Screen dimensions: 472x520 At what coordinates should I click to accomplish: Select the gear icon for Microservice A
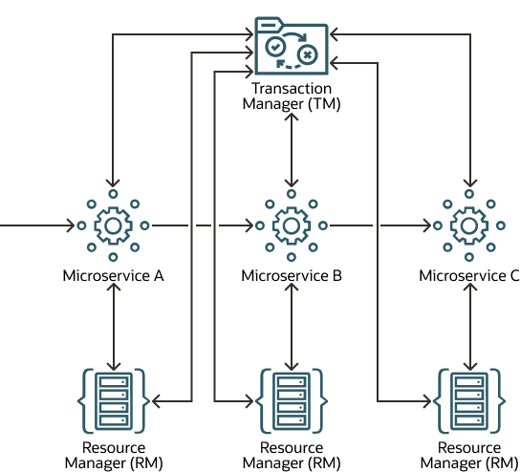click(113, 226)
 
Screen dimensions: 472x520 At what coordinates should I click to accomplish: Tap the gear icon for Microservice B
click(291, 226)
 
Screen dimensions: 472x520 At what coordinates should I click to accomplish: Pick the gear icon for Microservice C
click(468, 226)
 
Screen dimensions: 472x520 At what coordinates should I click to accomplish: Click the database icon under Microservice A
click(113, 400)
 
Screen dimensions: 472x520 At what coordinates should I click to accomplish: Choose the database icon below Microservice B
click(291, 400)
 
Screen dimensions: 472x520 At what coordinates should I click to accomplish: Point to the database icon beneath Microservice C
click(468, 400)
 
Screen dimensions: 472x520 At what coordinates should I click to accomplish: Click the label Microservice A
click(113, 276)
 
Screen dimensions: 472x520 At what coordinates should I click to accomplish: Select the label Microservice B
click(291, 276)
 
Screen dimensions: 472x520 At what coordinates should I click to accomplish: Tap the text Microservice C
click(468, 276)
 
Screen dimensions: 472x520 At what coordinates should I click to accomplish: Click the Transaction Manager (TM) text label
click(291, 97)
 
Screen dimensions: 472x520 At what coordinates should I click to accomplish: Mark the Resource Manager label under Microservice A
click(113, 455)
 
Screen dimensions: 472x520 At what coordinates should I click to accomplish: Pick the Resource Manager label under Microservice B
click(291, 455)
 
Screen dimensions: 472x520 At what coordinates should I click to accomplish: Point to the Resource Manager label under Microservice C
click(468, 455)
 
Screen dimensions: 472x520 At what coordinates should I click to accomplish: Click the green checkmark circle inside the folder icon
click(275, 46)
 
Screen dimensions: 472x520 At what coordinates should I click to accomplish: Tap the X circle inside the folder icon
click(307, 55)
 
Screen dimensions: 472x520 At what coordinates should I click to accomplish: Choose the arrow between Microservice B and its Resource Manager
click(291, 325)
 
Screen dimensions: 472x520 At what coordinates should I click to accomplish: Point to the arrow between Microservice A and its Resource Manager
click(113, 325)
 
